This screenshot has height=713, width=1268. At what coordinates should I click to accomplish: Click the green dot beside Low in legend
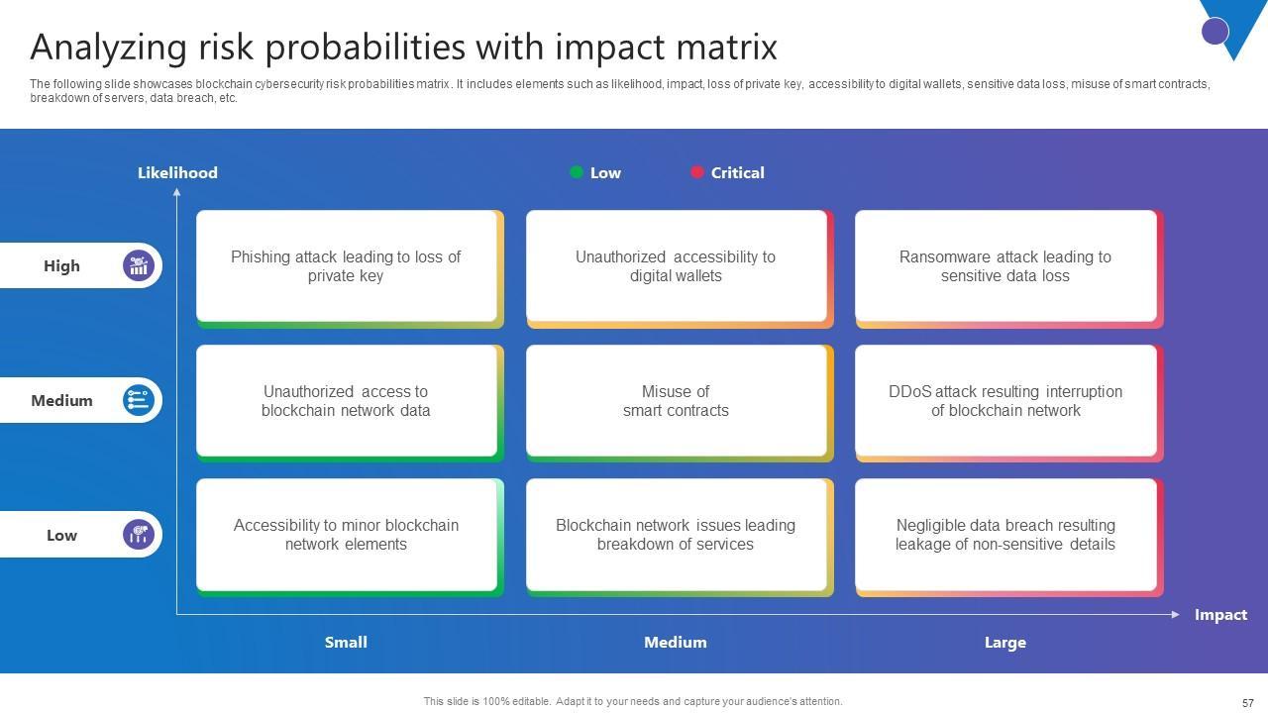coord(577,172)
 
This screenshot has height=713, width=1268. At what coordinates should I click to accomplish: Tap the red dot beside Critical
coord(696,172)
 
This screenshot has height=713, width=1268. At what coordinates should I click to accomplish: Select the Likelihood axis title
coord(177,172)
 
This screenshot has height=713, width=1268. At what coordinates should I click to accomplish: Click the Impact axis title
coord(1220,615)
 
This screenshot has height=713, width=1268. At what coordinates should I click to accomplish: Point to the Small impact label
coord(346,643)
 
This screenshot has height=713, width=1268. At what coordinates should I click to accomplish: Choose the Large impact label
coord(1004,643)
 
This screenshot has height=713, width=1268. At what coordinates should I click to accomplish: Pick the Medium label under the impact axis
coord(676,643)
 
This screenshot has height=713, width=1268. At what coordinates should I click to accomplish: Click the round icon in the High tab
coord(139,265)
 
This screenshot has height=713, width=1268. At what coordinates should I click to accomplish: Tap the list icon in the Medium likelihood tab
coord(139,400)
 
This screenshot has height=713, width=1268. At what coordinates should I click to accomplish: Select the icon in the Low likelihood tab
coord(139,535)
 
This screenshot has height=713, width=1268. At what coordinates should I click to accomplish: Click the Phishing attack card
coord(347,266)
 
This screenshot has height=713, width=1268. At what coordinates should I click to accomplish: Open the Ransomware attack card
coord(1005,266)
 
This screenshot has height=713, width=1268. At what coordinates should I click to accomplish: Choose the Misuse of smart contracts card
coord(677,401)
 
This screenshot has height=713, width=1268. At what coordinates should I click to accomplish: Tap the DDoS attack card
coord(1005,401)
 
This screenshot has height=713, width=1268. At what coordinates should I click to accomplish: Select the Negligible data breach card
coord(1005,535)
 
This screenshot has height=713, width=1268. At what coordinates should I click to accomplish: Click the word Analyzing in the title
coord(109,48)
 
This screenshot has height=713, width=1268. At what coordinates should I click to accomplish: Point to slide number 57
coord(1248,702)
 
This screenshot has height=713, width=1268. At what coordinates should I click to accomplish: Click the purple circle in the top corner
coord(1215,31)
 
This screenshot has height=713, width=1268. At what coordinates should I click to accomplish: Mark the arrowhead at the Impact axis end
coord(1175,615)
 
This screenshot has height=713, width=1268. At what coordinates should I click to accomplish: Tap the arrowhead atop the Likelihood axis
coord(177,192)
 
